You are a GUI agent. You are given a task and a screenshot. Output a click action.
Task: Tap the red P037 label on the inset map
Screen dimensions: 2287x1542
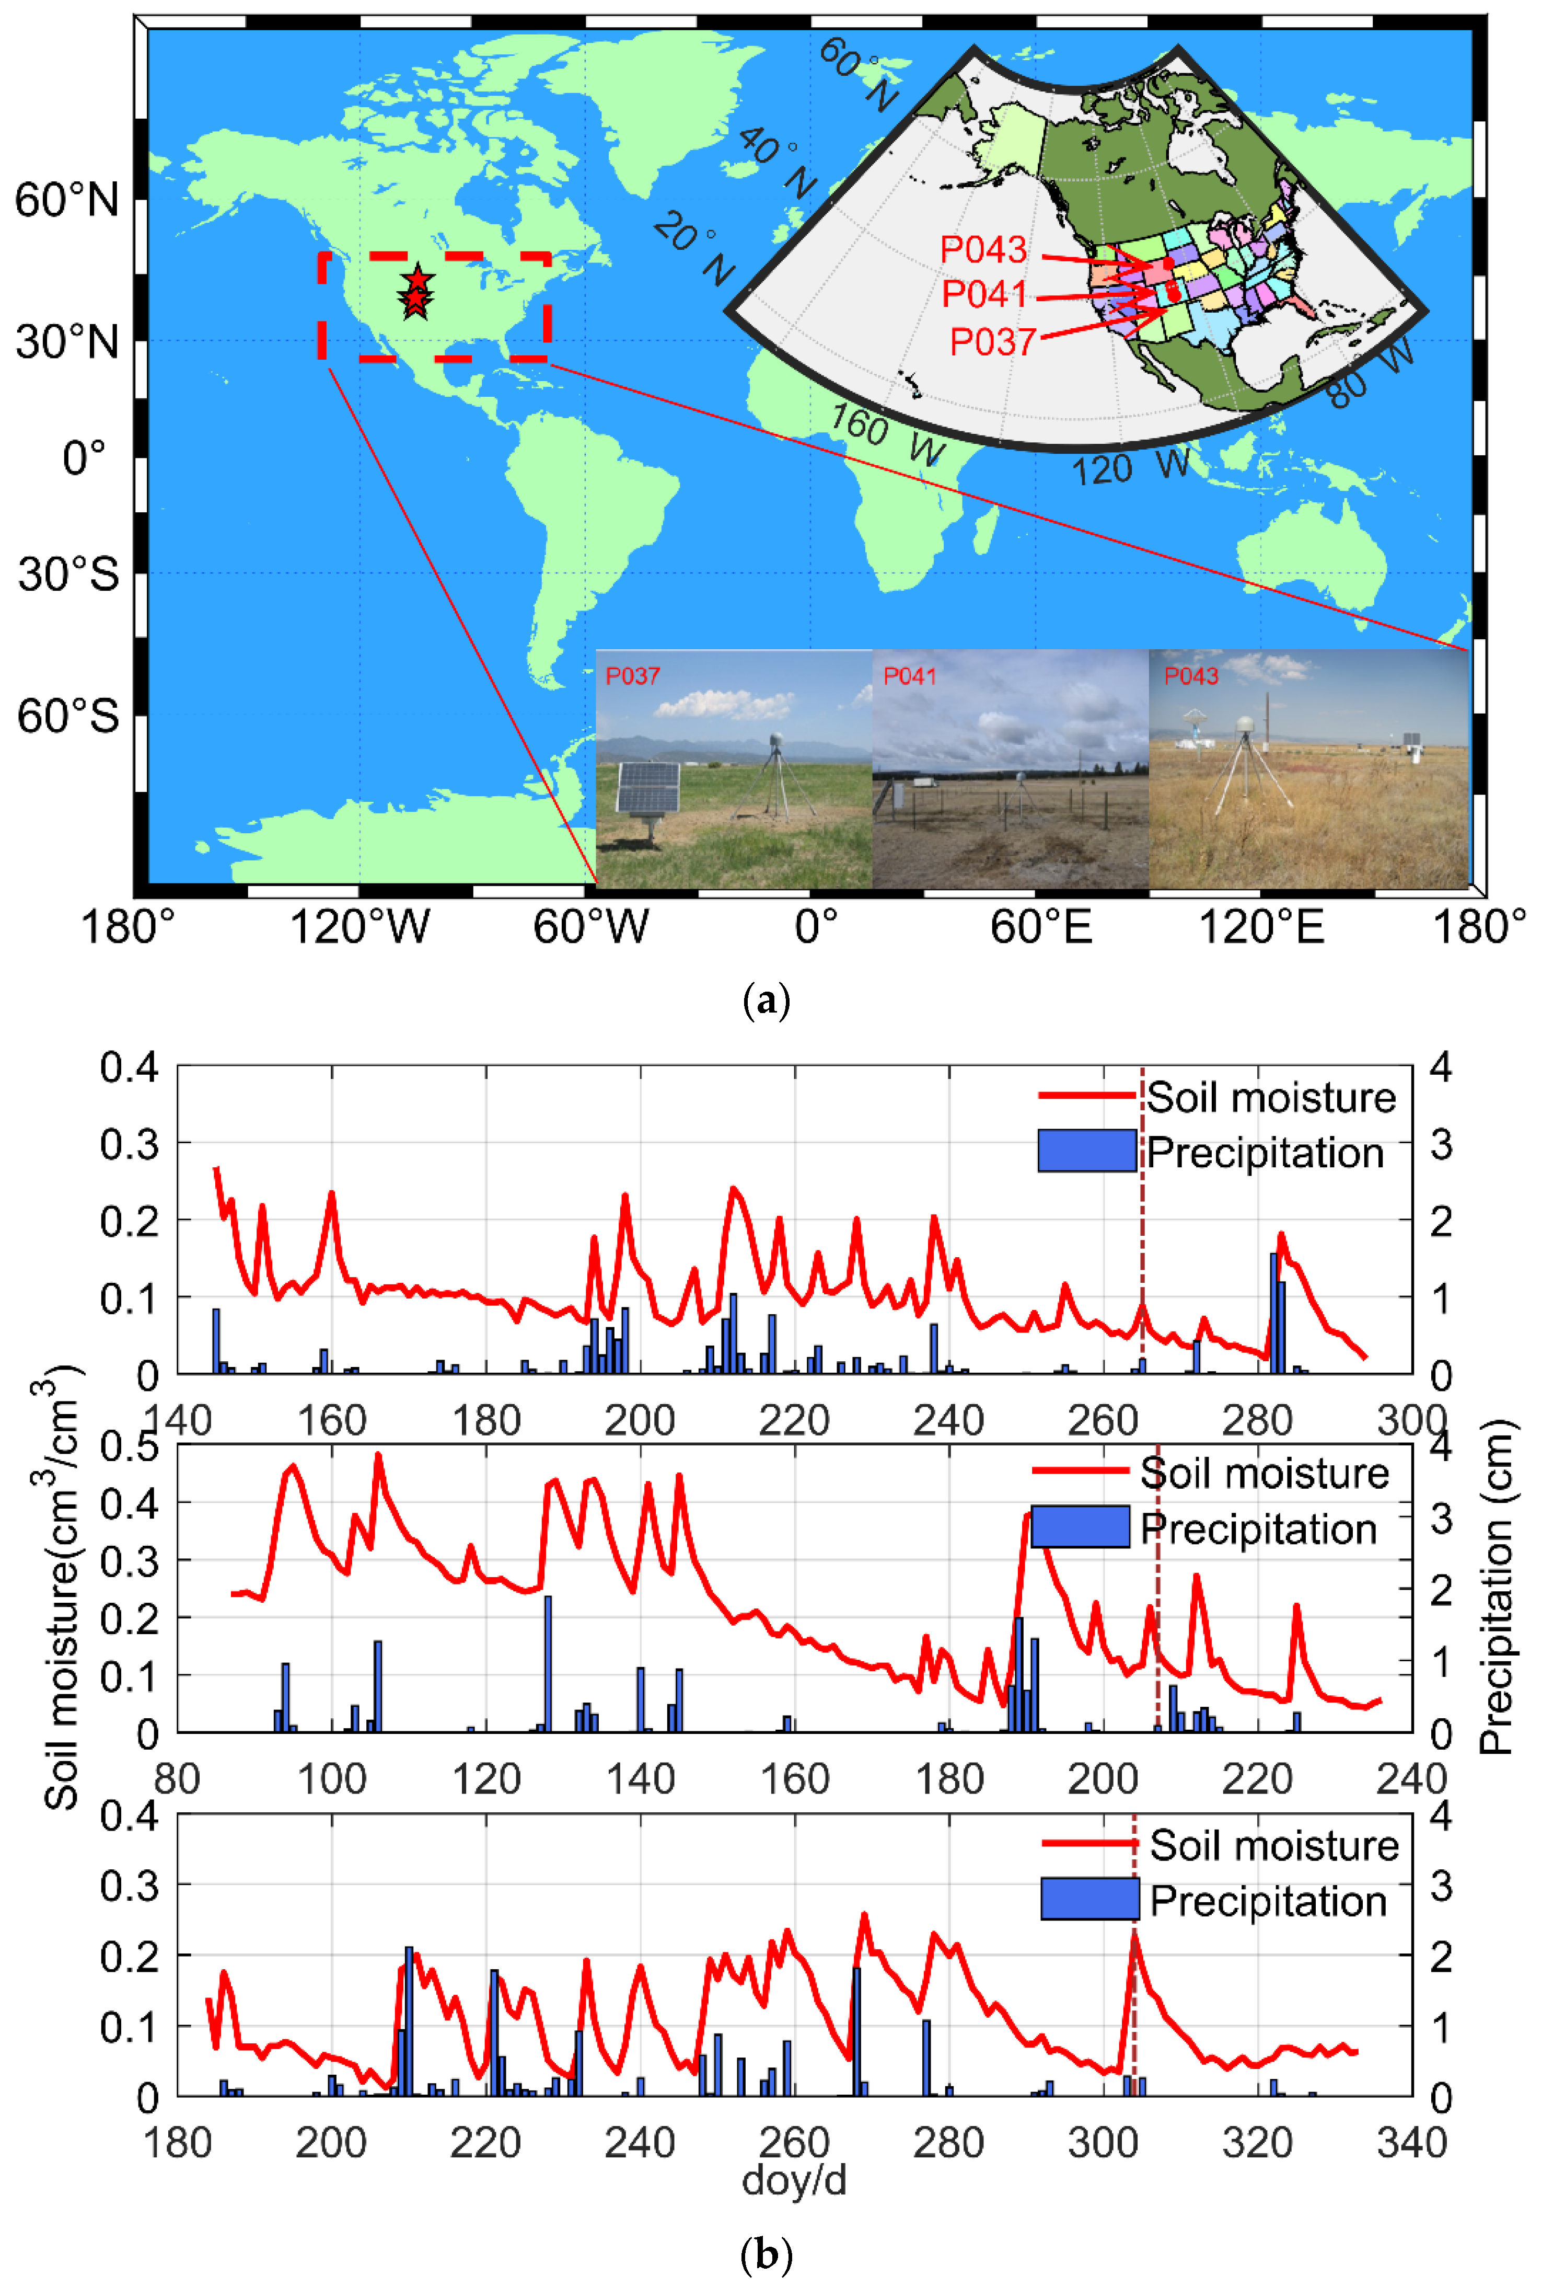[991, 342]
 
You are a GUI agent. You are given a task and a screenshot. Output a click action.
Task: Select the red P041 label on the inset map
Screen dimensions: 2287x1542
[983, 294]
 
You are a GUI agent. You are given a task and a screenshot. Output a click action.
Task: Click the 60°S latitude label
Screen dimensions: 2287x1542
[67, 716]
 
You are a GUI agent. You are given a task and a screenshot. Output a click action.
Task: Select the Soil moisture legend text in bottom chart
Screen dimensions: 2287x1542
[1273, 1845]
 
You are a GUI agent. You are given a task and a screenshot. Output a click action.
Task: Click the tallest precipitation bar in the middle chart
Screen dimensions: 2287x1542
[548, 1662]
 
